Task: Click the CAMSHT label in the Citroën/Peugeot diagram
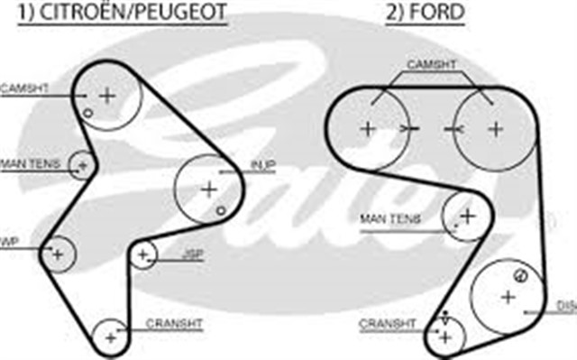click(23, 88)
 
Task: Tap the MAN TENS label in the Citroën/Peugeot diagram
click(30, 162)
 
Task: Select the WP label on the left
click(10, 241)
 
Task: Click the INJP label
click(262, 164)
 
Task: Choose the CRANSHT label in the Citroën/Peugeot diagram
click(174, 322)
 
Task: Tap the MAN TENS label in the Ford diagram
click(390, 218)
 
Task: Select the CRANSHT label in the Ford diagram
click(387, 322)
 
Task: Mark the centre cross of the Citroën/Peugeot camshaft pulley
click(107, 94)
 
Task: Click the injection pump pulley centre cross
click(209, 189)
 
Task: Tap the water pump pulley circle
click(59, 254)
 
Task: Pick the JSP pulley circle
click(142, 256)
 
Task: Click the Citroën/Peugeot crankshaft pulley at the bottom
click(111, 337)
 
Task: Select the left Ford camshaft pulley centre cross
click(367, 128)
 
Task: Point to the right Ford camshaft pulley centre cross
click(494, 128)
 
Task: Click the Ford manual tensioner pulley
click(466, 215)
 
